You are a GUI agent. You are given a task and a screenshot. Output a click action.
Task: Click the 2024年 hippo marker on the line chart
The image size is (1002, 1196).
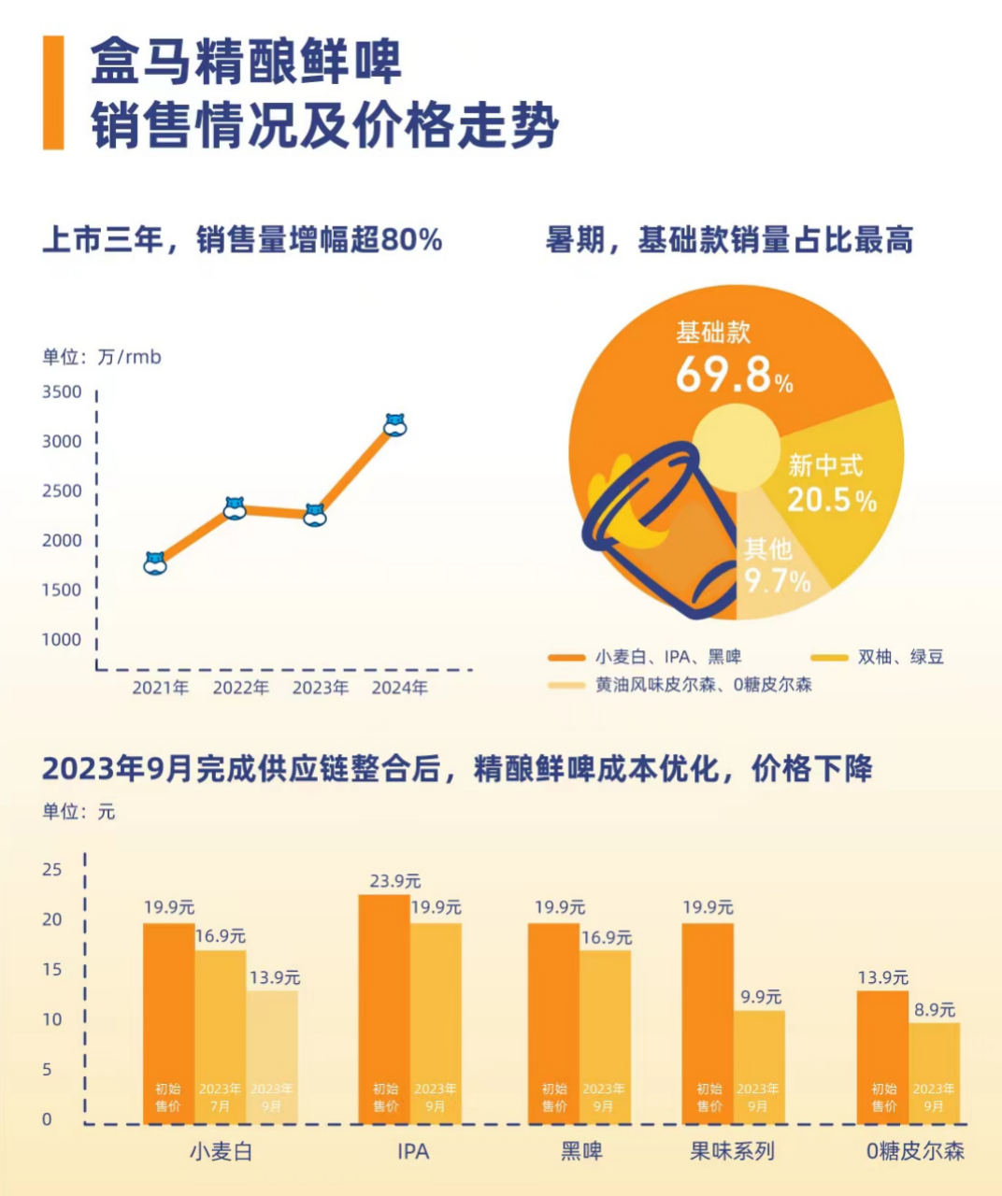pyautogui.click(x=395, y=425)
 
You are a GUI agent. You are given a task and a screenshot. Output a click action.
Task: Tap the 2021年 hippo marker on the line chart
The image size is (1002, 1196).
pyautogui.click(x=155, y=563)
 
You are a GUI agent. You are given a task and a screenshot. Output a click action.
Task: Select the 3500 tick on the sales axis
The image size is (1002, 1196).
pyautogui.click(x=62, y=392)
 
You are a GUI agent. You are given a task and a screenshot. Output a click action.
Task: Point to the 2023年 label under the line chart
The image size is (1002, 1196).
pyautogui.click(x=321, y=688)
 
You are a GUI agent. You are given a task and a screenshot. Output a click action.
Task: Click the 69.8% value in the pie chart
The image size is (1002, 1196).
pyautogui.click(x=734, y=375)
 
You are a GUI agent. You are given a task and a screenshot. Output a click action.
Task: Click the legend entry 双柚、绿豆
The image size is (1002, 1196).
pyautogui.click(x=900, y=657)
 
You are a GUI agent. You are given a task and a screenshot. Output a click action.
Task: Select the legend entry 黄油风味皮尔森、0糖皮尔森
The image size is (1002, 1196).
pyautogui.click(x=703, y=685)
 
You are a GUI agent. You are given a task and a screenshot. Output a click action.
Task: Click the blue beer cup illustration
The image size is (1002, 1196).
pyautogui.click(x=664, y=533)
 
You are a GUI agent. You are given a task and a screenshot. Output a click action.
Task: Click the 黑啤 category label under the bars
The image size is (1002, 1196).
pyautogui.click(x=581, y=1151)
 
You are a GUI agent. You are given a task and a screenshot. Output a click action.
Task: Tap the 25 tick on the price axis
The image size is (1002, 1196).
pyautogui.click(x=52, y=869)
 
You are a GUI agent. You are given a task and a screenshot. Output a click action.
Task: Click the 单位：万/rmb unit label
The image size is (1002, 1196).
pyautogui.click(x=102, y=357)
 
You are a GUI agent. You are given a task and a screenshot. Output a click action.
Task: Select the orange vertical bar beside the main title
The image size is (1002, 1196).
pyautogui.click(x=53, y=93)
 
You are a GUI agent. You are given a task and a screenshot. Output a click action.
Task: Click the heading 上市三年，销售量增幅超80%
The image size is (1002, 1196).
pyautogui.click(x=242, y=240)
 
